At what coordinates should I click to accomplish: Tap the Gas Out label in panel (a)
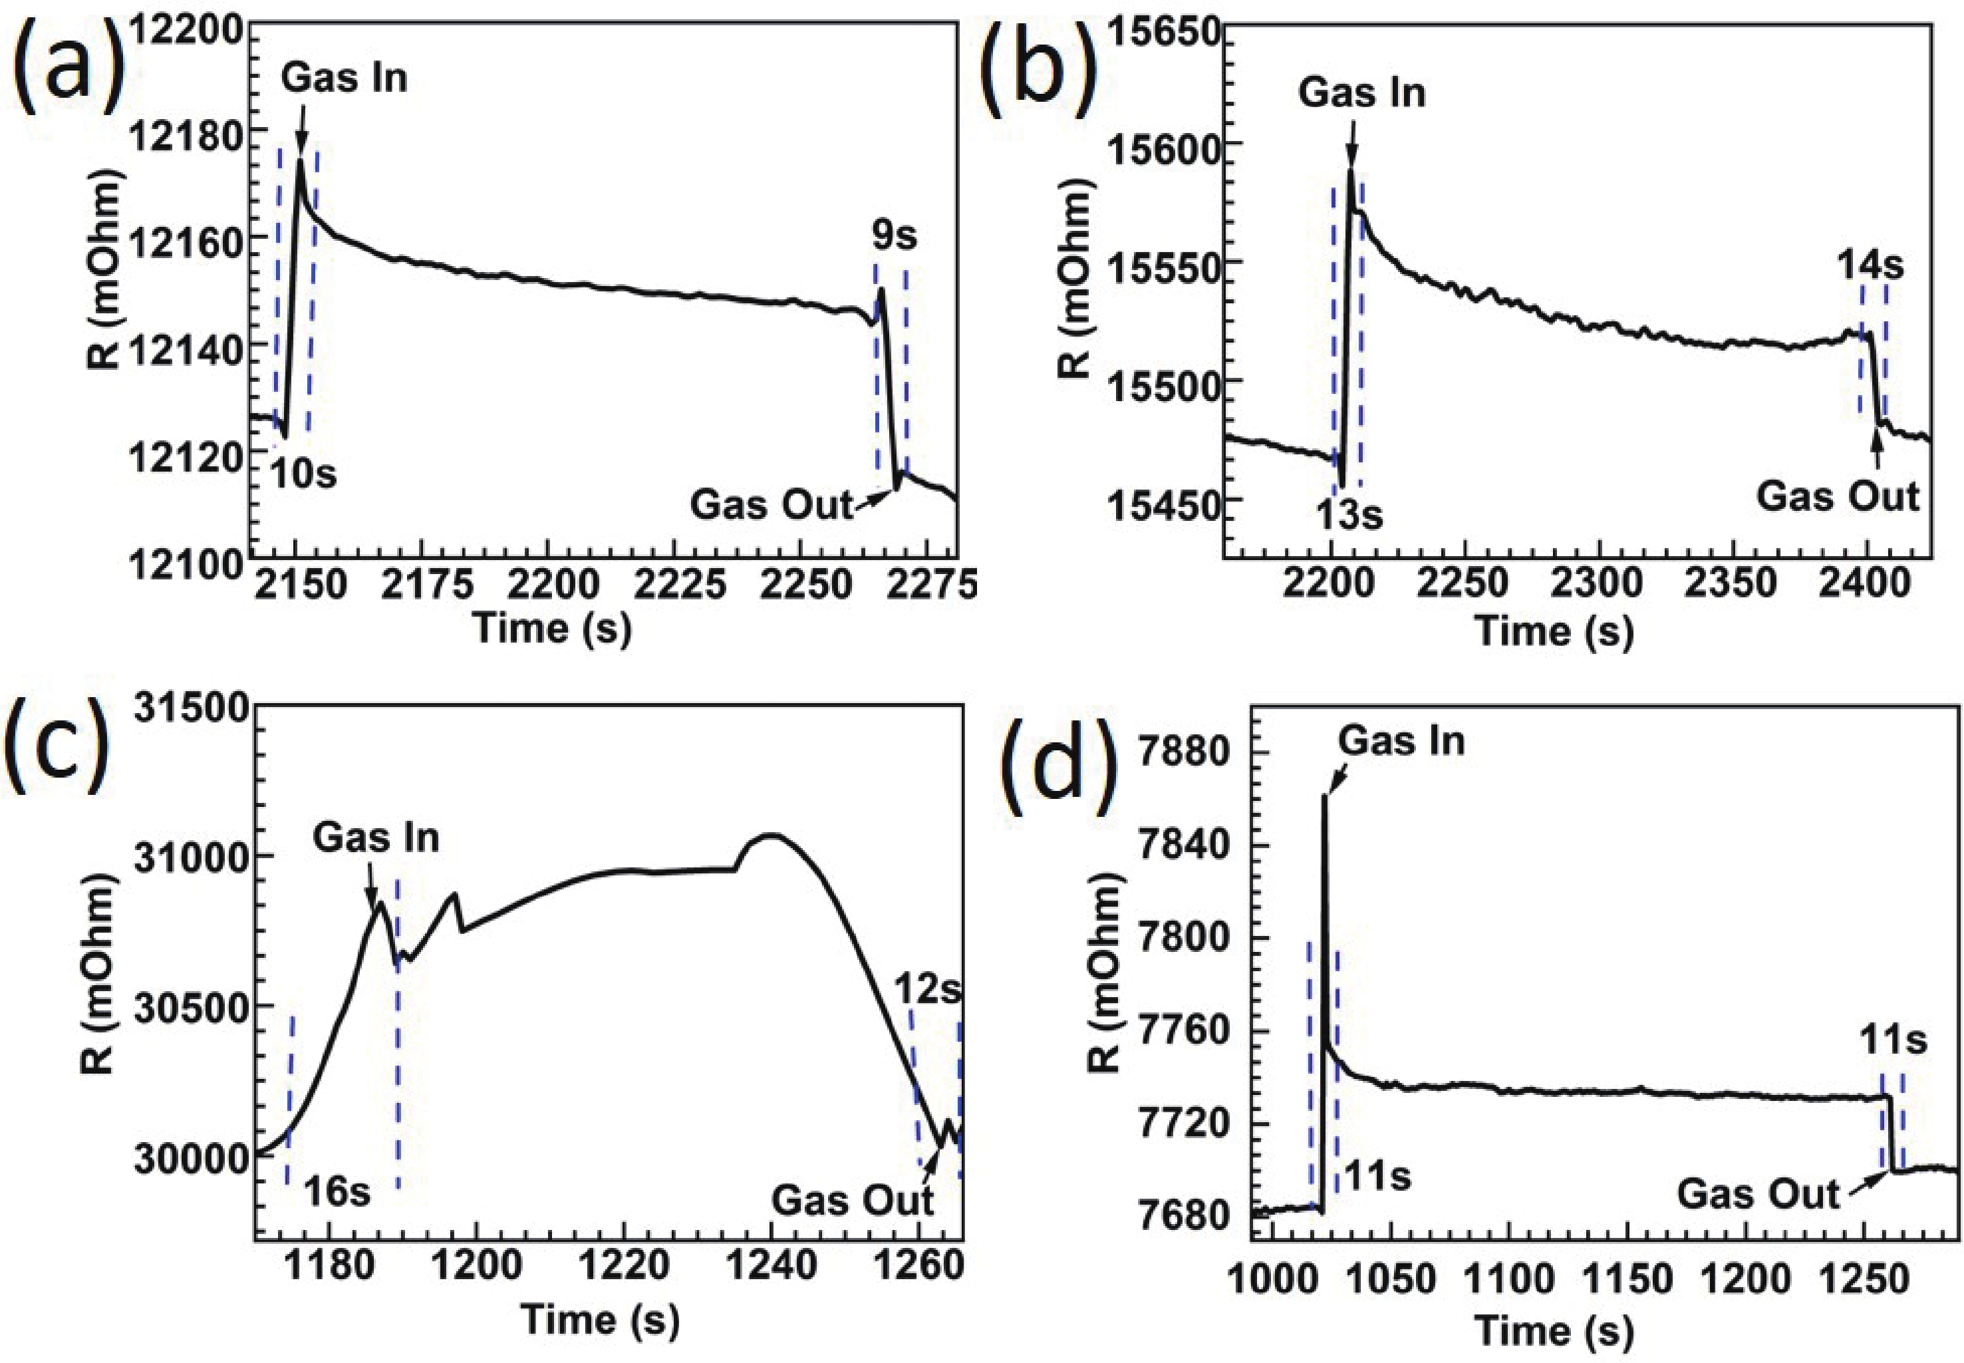[771, 505]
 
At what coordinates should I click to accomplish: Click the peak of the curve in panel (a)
[301, 160]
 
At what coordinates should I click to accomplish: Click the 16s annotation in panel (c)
[338, 1192]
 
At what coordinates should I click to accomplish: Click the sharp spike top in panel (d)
[1324, 796]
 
